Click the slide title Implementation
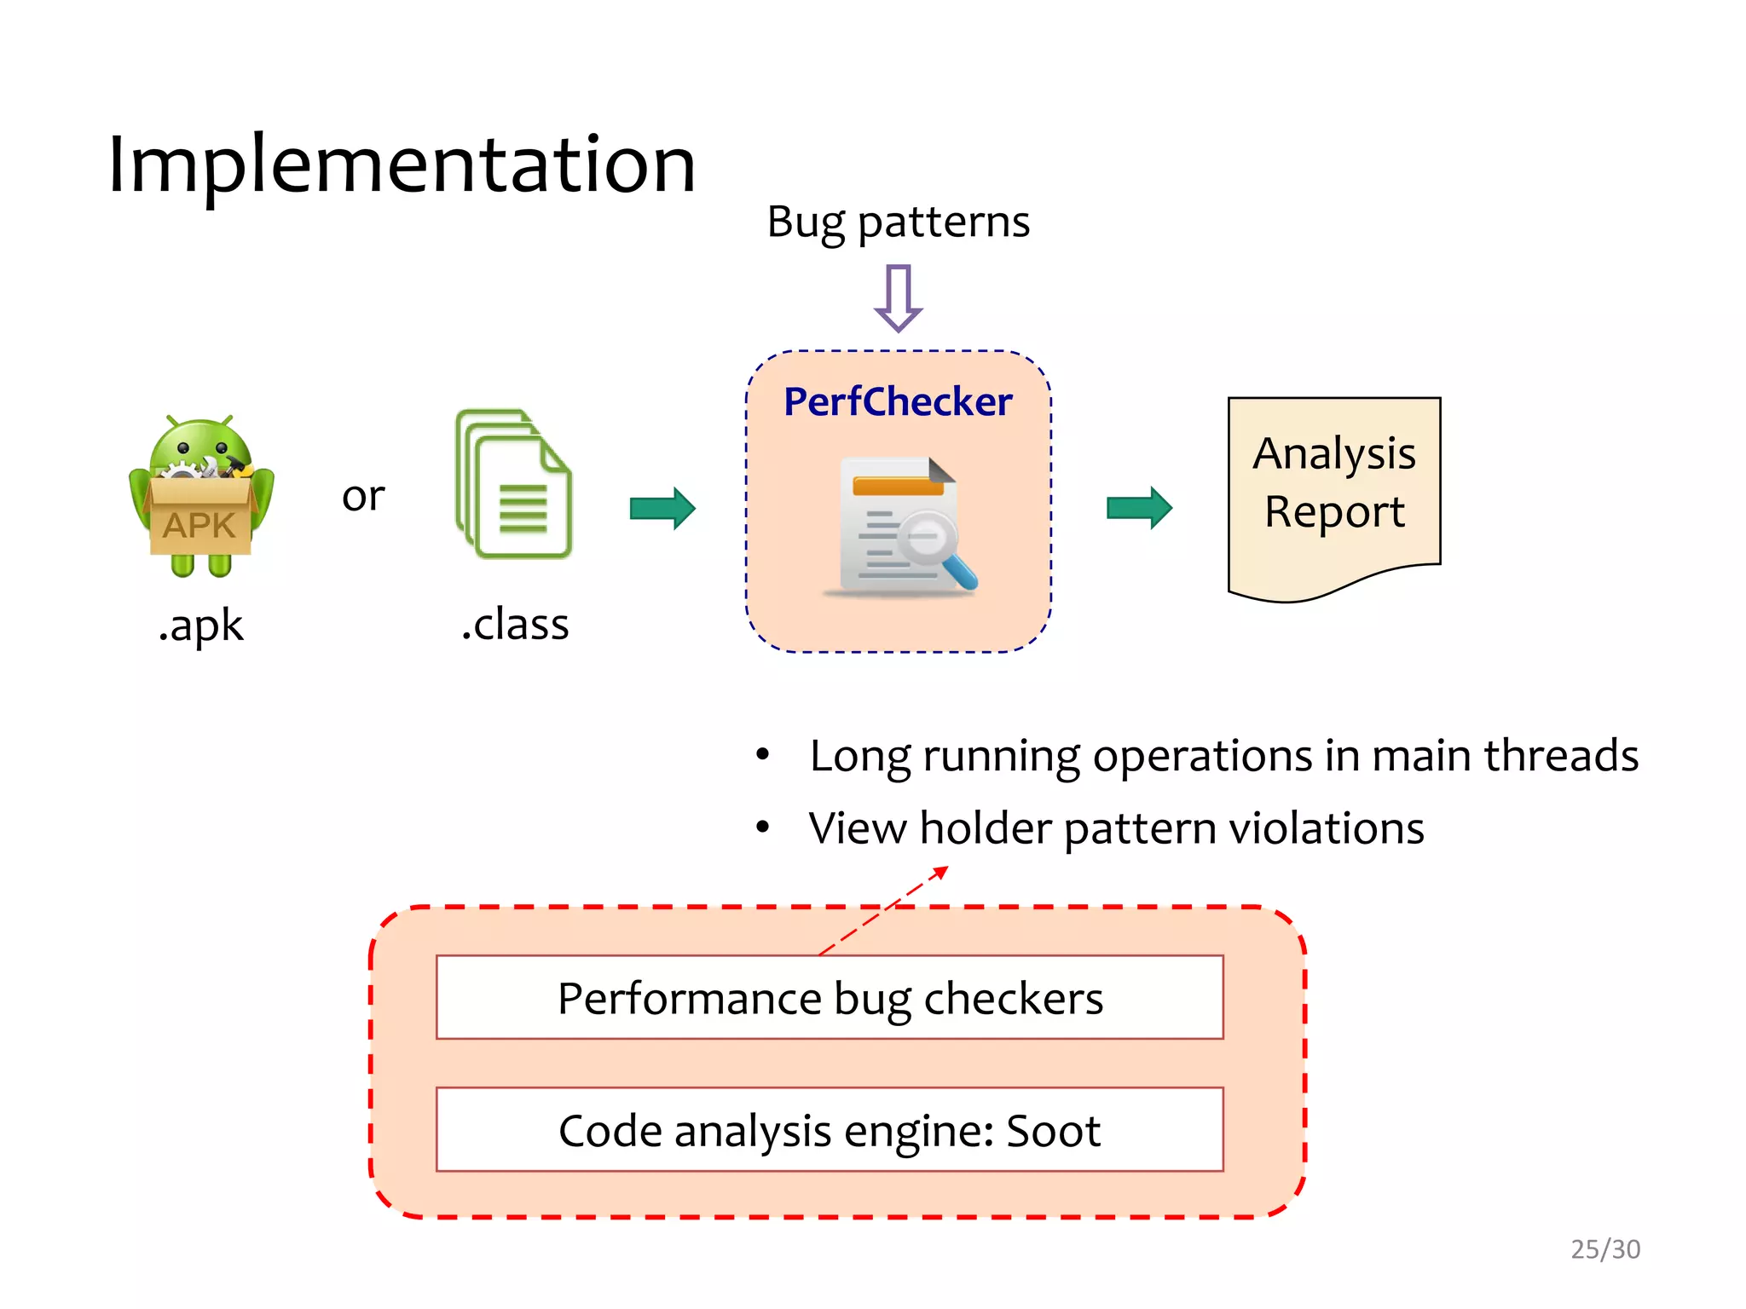click(402, 165)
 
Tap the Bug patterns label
click(898, 222)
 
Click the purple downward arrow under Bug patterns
click(898, 298)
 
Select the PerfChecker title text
click(898, 401)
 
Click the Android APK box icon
click(201, 497)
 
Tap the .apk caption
click(201, 626)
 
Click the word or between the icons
click(363, 496)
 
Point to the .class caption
click(515, 625)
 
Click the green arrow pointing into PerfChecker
click(662, 509)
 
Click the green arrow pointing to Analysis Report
click(1139, 509)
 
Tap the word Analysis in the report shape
click(1334, 453)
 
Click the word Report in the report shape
click(1334, 512)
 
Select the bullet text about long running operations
click(1223, 756)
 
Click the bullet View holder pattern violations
click(1116, 828)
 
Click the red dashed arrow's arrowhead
click(940, 872)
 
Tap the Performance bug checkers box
click(830, 998)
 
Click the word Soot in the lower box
click(1053, 1131)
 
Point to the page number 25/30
click(1605, 1249)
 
